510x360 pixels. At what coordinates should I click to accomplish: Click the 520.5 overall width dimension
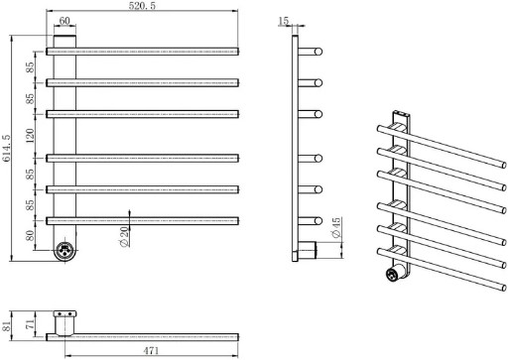(142, 6)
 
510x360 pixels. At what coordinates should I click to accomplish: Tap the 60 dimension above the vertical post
(64, 21)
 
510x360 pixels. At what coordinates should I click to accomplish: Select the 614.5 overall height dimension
(6, 148)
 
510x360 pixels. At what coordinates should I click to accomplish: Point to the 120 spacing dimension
(30, 136)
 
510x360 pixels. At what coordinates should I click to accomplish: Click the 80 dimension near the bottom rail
(30, 235)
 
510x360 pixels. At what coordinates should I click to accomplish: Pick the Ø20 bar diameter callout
(124, 238)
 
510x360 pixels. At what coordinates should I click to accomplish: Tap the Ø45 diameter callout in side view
(335, 228)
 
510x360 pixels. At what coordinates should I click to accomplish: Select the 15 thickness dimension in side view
(284, 21)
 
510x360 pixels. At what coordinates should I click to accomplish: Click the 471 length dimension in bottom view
(151, 350)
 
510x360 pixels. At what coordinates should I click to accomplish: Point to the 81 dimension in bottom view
(6, 326)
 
